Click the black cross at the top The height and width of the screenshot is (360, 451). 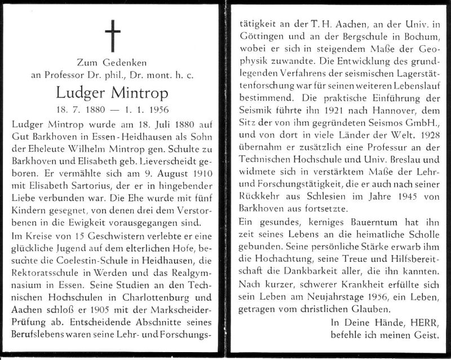[114, 33]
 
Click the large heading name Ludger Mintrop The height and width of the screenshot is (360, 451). [114, 93]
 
